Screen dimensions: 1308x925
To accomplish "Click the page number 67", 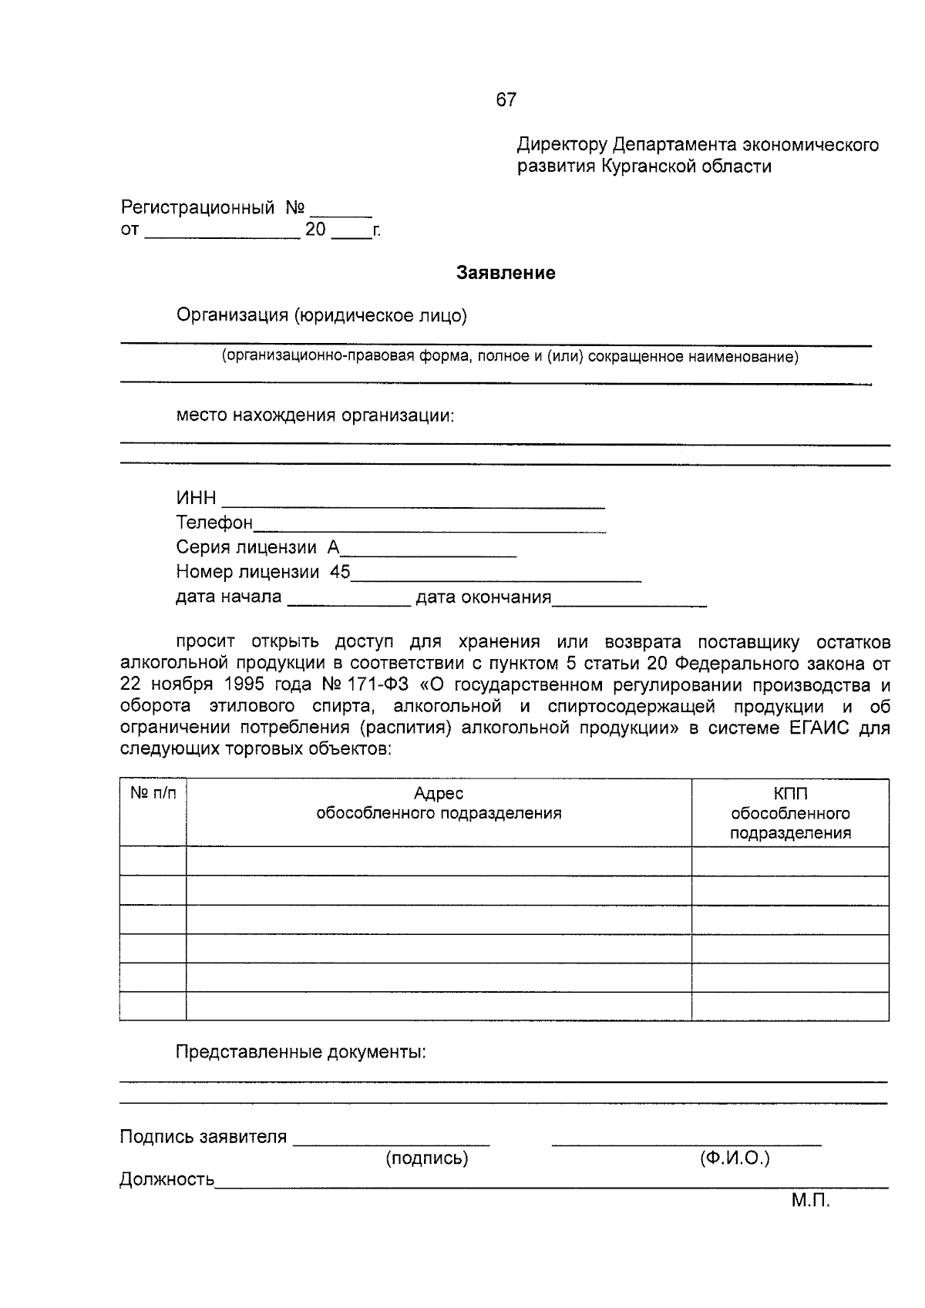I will click(506, 99).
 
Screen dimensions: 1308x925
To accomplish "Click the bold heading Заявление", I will click(506, 273).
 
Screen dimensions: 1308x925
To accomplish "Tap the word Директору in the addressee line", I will click(562, 145).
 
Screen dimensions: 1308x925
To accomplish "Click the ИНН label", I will click(196, 499).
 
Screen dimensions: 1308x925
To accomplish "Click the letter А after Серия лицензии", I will click(333, 547).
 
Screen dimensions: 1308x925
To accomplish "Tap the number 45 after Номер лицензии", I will click(340, 572).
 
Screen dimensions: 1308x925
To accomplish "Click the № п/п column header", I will click(153, 793).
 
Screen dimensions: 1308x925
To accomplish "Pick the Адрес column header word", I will click(439, 793).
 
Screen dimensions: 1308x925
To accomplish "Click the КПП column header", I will click(790, 794).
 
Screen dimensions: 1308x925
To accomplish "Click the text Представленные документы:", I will click(301, 1052).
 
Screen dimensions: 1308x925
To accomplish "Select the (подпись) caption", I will click(426, 1158).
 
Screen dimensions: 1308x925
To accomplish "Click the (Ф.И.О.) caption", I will click(735, 1158).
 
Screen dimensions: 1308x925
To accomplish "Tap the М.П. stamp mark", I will click(810, 1201).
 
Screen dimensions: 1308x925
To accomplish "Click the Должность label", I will click(166, 1179).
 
